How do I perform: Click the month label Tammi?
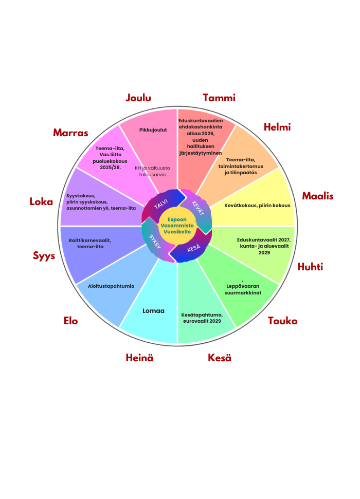coord(219,98)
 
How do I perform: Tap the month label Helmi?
coord(277,127)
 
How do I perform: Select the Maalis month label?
coord(318,196)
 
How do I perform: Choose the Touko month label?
coord(283,321)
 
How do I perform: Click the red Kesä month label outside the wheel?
coord(220,358)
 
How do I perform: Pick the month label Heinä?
coord(140,358)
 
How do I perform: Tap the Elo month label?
coord(70,321)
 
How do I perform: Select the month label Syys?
coord(44,255)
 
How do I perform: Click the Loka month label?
coord(41,201)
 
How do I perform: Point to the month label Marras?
coord(70,133)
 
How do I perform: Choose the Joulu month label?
coord(139,98)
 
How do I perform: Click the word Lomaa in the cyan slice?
coord(153,310)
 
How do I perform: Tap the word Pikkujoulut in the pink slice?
coord(153,130)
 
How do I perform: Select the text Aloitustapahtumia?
coord(111,286)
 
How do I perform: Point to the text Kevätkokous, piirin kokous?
coord(257,205)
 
